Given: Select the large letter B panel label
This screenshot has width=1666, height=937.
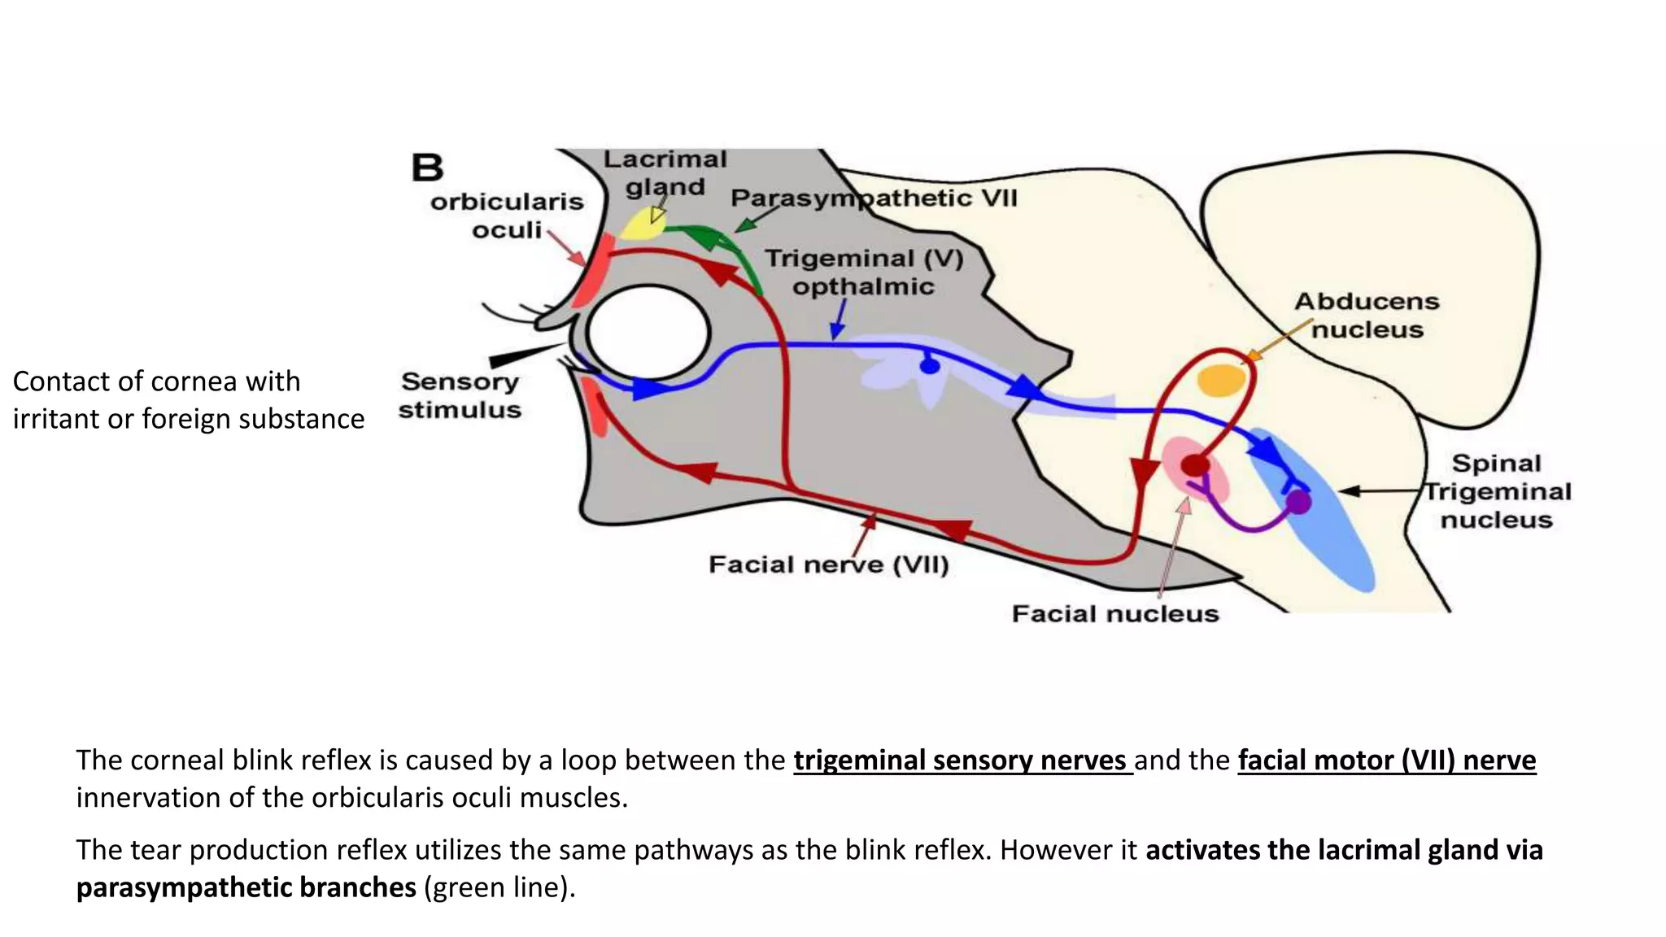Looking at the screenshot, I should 427,168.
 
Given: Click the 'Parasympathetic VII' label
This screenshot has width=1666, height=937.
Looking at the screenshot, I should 874,198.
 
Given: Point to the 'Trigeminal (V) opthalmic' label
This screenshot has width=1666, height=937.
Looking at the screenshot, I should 864,272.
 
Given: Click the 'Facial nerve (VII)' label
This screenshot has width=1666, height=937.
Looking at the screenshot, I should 828,564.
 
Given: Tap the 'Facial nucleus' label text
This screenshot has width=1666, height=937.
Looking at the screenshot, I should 1114,613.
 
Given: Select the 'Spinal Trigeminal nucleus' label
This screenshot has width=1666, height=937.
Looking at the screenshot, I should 1497,491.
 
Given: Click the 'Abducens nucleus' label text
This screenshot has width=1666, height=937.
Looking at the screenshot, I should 1367,316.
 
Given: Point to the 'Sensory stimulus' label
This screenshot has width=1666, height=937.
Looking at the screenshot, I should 460,395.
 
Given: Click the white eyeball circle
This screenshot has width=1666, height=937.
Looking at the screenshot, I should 648,333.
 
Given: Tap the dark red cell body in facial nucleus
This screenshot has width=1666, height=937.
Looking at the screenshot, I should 1194,466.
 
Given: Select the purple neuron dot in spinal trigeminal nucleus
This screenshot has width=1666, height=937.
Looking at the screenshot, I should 1299,502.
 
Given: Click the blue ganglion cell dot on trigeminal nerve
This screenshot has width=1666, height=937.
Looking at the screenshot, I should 929,366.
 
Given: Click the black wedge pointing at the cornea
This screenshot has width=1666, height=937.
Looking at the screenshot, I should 521,355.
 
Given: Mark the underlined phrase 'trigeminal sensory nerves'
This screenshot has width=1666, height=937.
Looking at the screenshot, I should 962,760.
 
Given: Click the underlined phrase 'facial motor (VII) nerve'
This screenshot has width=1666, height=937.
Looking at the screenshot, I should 1386,760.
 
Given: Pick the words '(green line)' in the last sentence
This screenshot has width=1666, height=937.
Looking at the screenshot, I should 499,887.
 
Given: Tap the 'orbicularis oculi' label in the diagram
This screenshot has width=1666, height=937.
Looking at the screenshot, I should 507,216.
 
